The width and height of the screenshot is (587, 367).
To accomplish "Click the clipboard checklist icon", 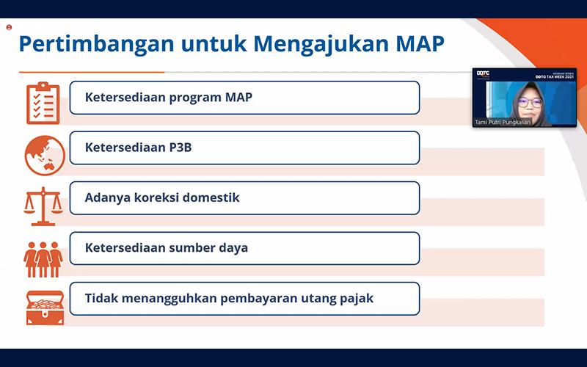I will click(43, 102).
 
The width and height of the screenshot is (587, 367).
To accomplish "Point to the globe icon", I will click(44, 152).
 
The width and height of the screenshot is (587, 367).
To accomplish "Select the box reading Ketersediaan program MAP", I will click(244, 98).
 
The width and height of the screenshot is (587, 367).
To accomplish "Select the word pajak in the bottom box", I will click(357, 298).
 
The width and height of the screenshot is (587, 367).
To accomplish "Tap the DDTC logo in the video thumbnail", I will click(483, 73).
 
